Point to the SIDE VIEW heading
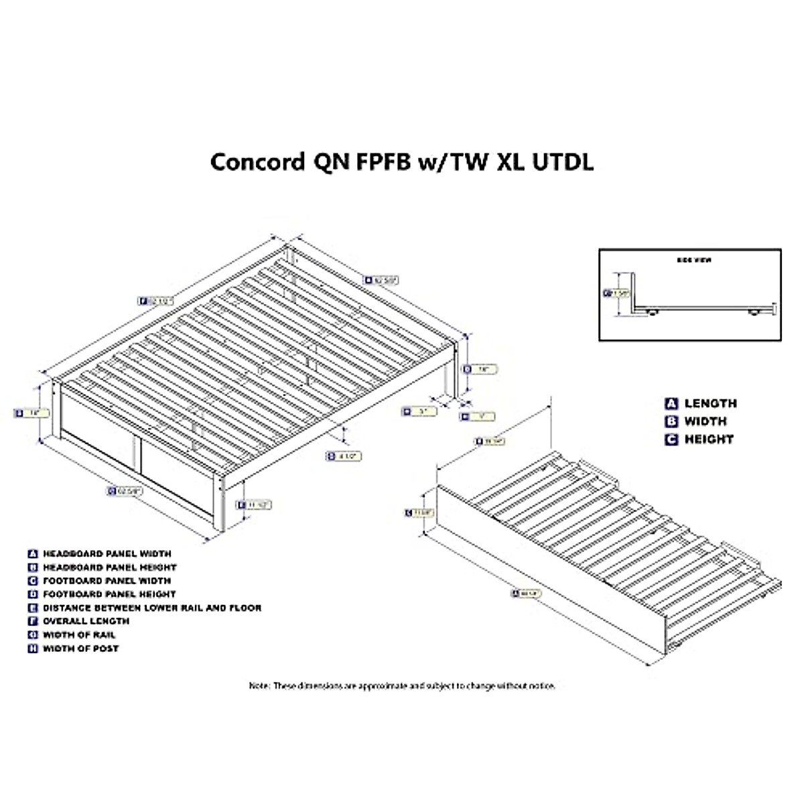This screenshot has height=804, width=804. click(x=690, y=260)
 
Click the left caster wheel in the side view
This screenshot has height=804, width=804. click(x=651, y=312)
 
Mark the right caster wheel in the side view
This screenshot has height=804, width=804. click(x=753, y=312)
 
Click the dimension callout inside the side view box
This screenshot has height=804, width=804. click(x=618, y=293)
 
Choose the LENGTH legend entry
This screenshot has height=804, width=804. click(x=710, y=403)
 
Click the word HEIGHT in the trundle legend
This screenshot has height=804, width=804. click(x=709, y=440)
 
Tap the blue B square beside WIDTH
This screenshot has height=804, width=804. click(x=671, y=421)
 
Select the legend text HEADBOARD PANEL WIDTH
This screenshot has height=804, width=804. click(x=107, y=554)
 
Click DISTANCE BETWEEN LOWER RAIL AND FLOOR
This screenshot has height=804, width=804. click(x=152, y=608)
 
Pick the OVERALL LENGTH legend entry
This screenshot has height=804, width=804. click(x=86, y=621)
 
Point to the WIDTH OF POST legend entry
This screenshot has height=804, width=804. click(x=80, y=649)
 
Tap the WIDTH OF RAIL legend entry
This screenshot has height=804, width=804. click(x=79, y=634)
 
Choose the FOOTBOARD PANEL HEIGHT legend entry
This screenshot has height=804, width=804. click(x=109, y=594)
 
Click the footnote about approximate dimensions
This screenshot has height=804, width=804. click(x=402, y=686)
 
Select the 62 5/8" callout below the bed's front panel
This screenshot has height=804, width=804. click(x=125, y=491)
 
